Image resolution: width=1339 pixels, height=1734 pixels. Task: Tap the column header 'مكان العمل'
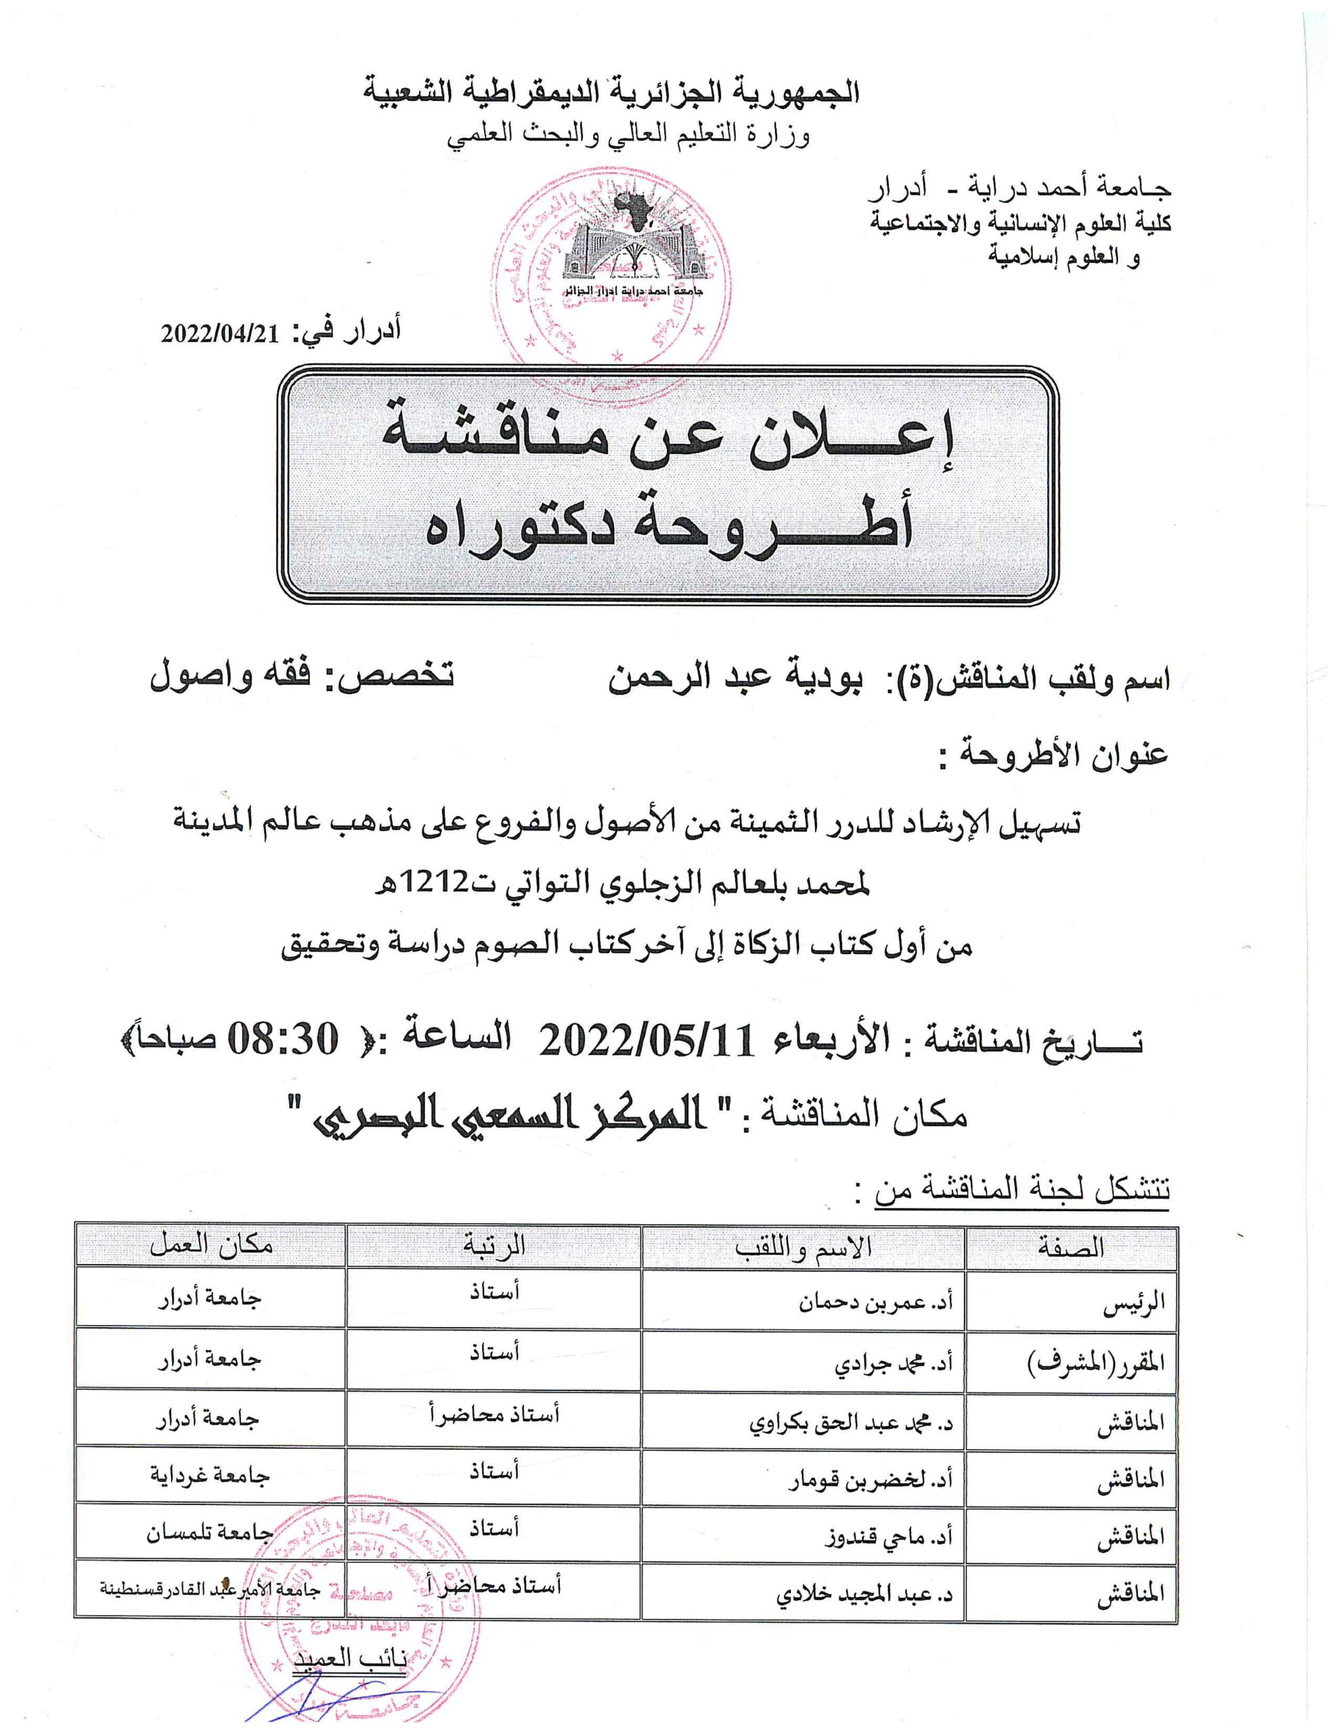click(211, 1246)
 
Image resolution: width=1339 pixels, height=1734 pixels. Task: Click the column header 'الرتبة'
click(493, 1246)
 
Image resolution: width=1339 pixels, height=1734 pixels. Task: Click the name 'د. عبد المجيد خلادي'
click(864, 1592)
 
